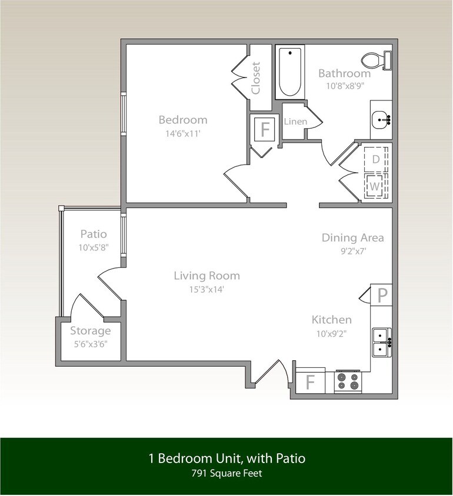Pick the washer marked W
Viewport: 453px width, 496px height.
(x=375, y=187)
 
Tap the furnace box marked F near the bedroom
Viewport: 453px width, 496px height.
(x=265, y=129)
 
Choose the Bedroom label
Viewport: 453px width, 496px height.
(x=183, y=120)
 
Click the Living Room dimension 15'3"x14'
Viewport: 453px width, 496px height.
(x=206, y=289)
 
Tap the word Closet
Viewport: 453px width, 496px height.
(x=256, y=78)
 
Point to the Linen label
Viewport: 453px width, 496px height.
(x=295, y=122)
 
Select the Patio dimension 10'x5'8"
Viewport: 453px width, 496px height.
(x=93, y=247)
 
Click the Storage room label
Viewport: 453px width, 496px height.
(x=91, y=331)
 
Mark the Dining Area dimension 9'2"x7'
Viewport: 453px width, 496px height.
(x=352, y=252)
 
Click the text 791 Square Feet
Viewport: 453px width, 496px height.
(x=226, y=472)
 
